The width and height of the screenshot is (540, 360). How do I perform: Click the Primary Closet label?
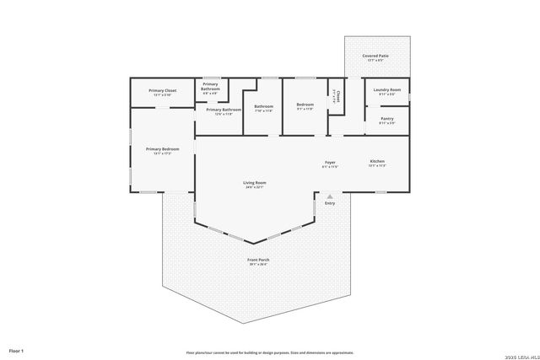[162, 90]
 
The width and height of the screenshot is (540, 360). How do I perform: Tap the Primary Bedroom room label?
[162, 148]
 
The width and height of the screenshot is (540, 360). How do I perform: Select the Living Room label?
[255, 182]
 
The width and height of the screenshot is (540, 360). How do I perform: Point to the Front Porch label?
[257, 260]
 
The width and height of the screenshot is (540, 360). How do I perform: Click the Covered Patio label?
[375, 56]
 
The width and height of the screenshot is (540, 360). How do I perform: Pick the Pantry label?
[387, 119]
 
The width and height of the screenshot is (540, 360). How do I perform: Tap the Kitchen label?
[377, 161]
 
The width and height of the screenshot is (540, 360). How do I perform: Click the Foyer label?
[330, 162]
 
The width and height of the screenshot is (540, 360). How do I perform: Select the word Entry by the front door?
[330, 202]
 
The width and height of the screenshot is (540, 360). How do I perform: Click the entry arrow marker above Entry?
[330, 195]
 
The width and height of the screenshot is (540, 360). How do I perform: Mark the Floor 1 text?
[16, 350]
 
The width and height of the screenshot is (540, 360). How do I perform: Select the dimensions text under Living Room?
[255, 187]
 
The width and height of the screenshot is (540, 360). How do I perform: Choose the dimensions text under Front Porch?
[257, 265]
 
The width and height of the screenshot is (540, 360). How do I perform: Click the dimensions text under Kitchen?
[377, 166]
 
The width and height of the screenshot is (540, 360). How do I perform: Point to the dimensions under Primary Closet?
[162, 95]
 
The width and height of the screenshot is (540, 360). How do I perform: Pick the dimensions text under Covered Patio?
[375, 61]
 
